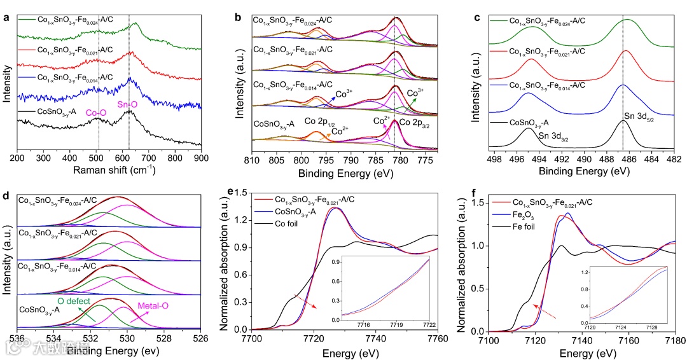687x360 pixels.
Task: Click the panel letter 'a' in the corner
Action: pos(6,18)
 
